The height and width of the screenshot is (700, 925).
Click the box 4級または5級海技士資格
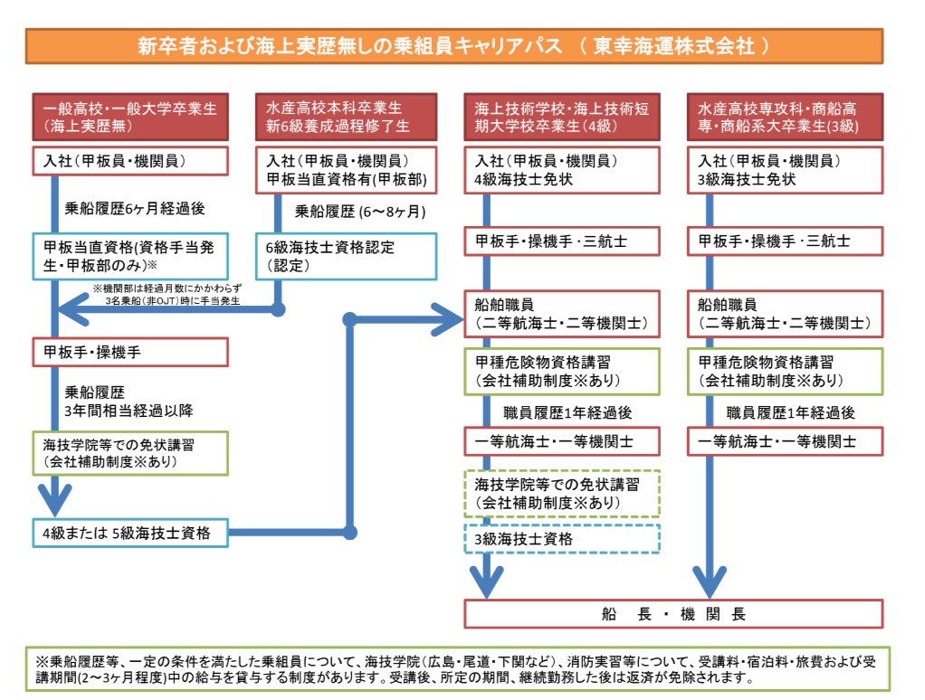click(x=129, y=533)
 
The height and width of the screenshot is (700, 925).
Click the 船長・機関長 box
click(x=673, y=614)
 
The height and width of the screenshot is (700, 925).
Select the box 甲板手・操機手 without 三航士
click(x=129, y=351)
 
